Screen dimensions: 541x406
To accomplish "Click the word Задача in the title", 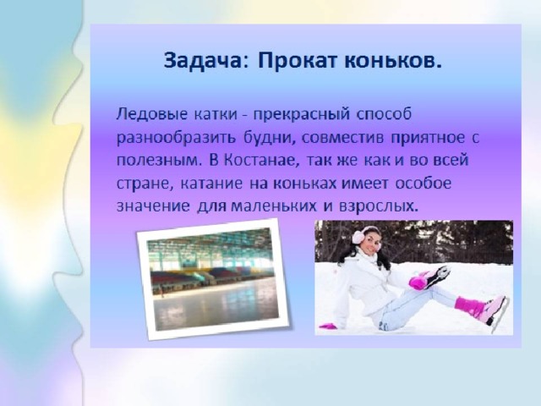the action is [x=205, y=62].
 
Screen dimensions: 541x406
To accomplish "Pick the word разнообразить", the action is [x=176, y=138].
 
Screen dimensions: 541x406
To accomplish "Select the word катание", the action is [x=206, y=184].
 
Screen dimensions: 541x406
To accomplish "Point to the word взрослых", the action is [x=379, y=206].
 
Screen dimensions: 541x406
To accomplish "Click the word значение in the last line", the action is [x=153, y=206].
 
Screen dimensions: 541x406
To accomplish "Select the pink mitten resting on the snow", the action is [x=328, y=326].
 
